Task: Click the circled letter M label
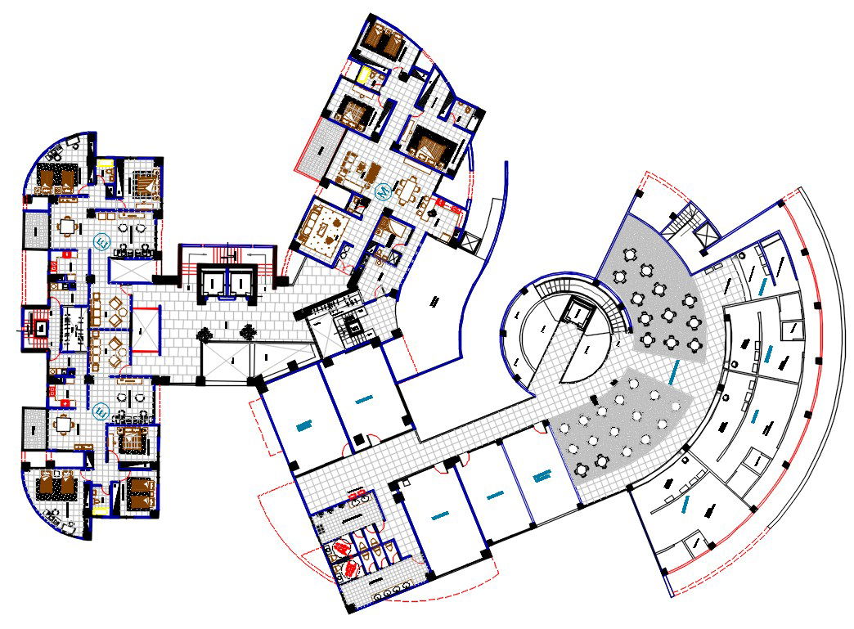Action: (381, 191)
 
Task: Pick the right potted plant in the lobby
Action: (246, 331)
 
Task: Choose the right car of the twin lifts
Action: (242, 283)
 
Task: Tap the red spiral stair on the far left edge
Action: (36, 328)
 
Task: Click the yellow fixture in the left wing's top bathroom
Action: (106, 173)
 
